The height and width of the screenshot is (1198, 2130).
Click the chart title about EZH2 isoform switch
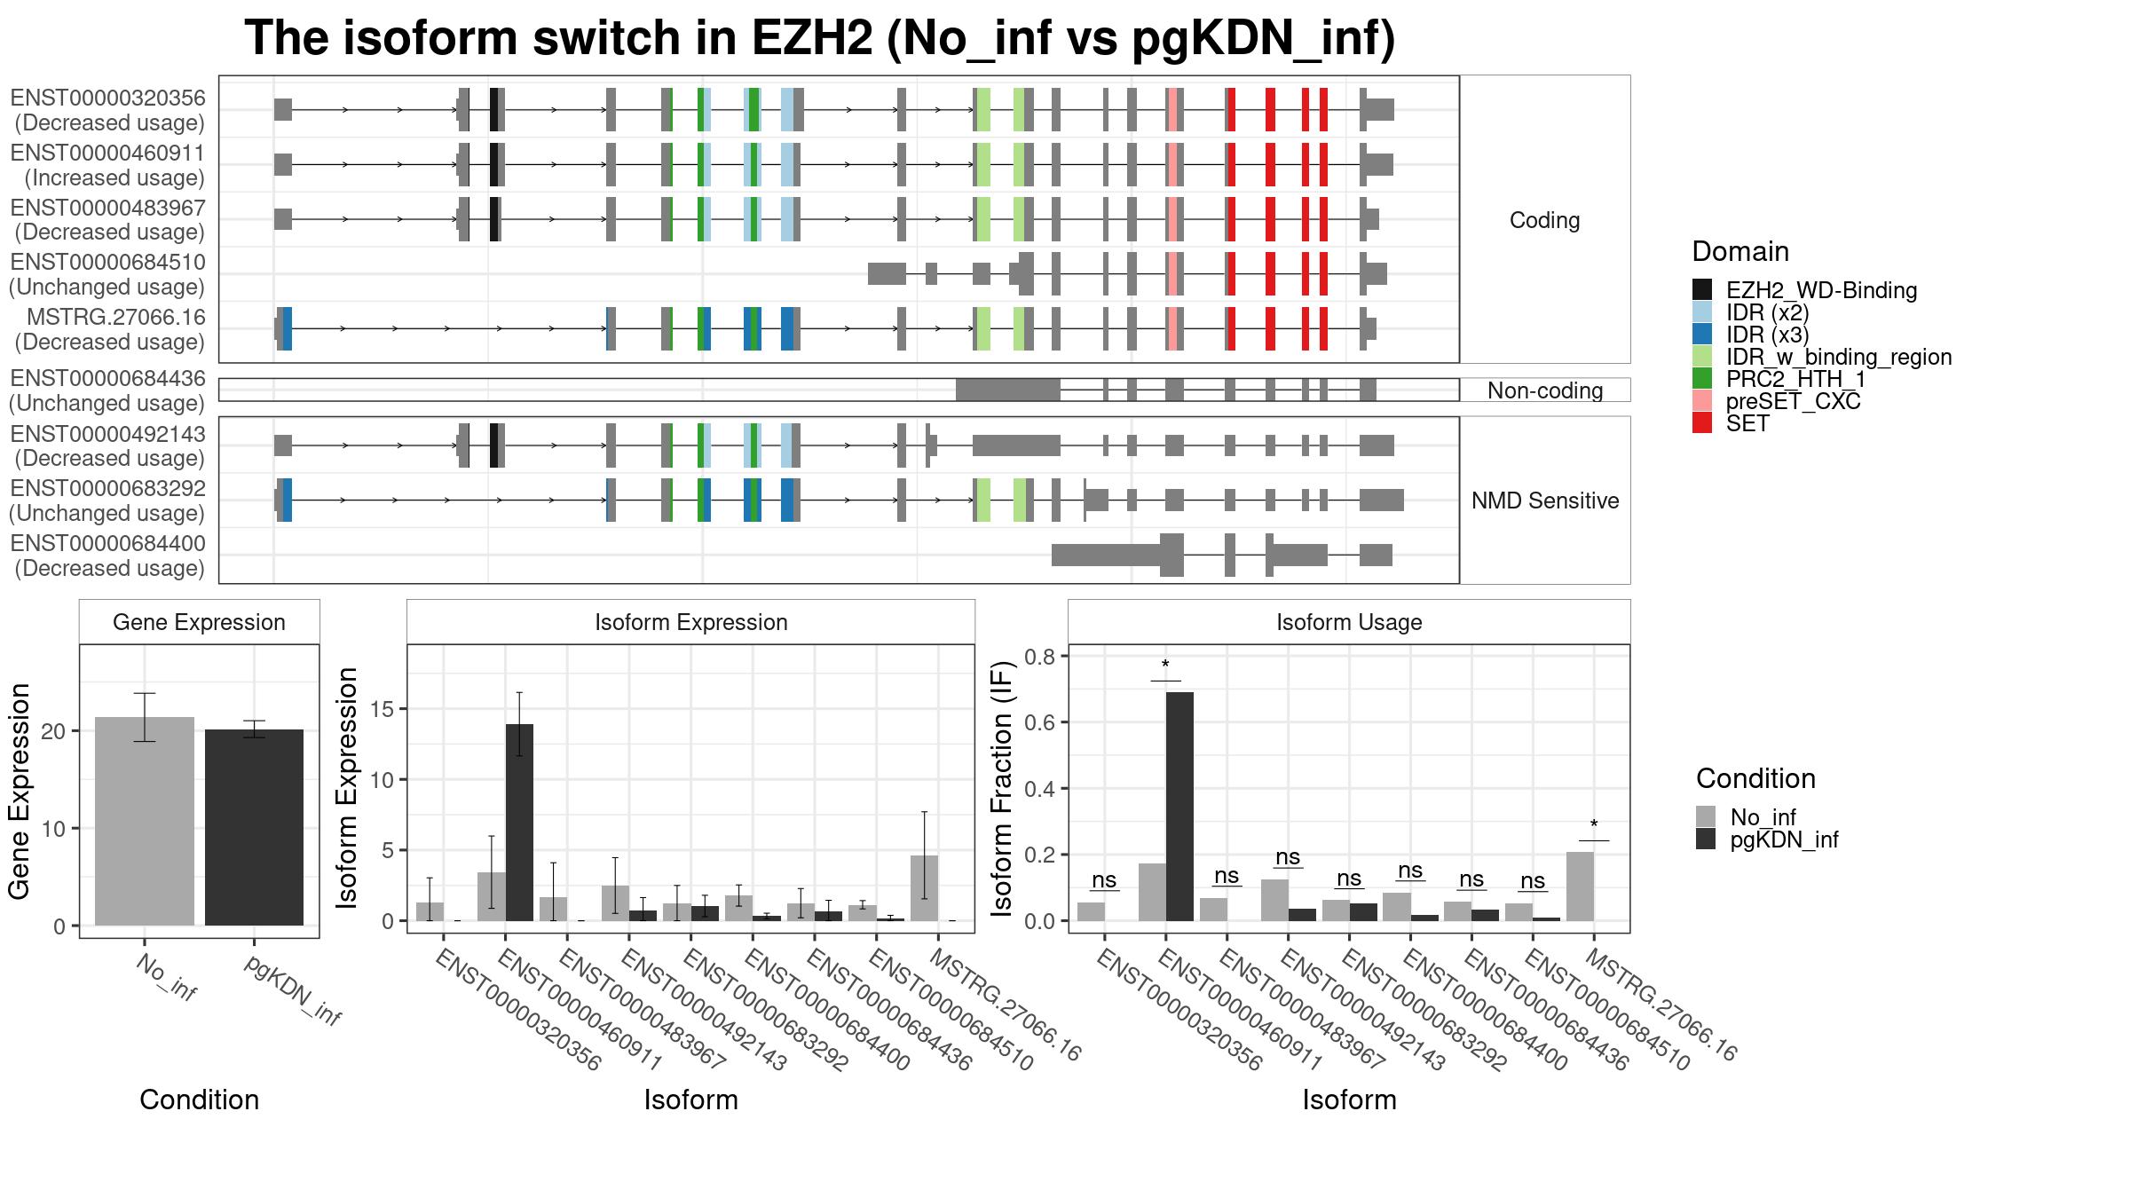pos(819,38)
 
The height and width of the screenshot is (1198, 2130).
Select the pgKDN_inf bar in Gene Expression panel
pos(254,827)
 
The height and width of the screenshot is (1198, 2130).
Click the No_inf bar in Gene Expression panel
pos(144,821)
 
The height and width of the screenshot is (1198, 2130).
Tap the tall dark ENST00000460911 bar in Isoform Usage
pos(1179,806)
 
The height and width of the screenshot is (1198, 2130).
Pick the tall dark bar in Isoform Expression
pos(519,823)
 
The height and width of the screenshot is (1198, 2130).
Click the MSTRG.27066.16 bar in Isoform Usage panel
pos(1580,887)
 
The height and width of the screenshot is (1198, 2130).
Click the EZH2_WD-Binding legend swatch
pos(1702,290)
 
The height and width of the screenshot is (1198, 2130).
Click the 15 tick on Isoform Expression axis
pos(384,709)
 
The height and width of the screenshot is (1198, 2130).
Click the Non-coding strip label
pos(1545,390)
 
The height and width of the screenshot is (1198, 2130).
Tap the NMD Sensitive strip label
pos(1545,500)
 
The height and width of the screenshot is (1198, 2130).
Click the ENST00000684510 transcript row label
pos(107,274)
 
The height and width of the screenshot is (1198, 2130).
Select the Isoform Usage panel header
pos(1349,622)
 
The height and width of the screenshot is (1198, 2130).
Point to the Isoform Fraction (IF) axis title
pos(1002,788)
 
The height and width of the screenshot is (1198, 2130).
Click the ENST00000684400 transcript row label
pos(107,556)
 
